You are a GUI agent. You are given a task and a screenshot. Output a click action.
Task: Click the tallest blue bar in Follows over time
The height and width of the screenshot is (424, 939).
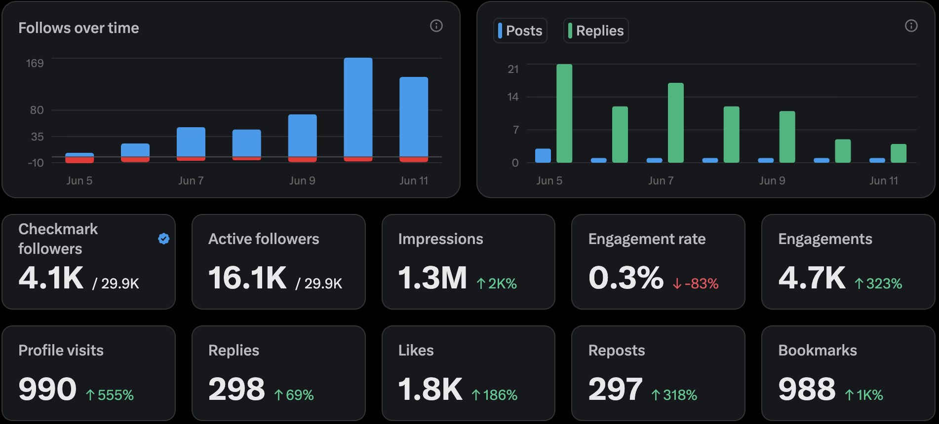358,107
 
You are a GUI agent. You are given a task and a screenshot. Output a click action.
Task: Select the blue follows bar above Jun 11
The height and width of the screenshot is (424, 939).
414,117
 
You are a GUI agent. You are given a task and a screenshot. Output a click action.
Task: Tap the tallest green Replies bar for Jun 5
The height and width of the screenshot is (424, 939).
564,113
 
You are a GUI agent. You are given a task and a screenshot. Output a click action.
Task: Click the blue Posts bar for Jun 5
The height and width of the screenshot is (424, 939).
543,155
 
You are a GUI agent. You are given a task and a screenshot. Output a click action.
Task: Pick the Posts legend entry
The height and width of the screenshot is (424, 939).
520,31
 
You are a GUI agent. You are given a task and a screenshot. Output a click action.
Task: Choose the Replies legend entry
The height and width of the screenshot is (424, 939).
596,31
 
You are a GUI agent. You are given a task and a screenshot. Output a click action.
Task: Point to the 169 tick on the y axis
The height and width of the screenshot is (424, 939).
35,63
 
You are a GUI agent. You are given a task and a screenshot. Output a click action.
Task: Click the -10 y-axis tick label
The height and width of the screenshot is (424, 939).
36,163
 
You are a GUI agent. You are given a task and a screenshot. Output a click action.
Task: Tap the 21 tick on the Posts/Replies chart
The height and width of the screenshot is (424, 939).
513,69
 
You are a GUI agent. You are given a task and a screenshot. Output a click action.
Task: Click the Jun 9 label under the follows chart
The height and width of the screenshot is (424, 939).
302,180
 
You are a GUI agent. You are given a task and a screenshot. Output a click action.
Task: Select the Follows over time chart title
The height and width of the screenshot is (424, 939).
78,28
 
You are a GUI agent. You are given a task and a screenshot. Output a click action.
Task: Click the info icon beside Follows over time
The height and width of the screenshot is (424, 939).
436,26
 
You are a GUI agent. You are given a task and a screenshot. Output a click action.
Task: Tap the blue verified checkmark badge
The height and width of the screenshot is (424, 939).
164,239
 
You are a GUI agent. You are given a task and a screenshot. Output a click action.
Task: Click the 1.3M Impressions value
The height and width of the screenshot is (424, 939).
432,278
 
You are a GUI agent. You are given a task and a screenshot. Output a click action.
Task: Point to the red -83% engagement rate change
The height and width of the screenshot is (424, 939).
696,283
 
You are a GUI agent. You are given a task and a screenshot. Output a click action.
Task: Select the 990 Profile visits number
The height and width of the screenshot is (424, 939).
47,389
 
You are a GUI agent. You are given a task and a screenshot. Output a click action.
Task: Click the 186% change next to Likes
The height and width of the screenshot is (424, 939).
494,395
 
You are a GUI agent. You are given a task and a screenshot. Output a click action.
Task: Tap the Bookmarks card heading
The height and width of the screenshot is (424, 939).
818,350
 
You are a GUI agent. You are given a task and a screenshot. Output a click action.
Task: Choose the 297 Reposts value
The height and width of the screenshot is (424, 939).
615,389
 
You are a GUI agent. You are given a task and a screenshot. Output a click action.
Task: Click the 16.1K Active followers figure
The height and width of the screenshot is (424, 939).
247,278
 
